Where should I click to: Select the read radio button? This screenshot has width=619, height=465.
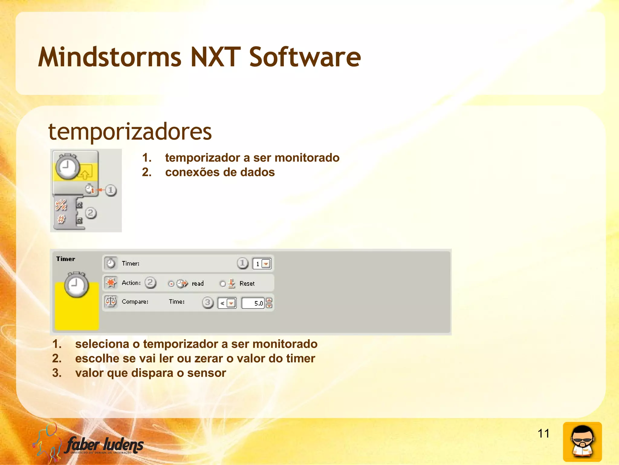click(171, 284)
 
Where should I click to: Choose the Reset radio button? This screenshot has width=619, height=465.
click(223, 284)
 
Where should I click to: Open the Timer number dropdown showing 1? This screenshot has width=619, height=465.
click(266, 264)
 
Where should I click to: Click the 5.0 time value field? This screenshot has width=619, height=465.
click(253, 303)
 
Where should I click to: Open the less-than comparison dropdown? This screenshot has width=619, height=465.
click(231, 303)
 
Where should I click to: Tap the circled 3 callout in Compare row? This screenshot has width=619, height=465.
click(208, 302)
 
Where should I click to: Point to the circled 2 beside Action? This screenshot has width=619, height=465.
click(150, 283)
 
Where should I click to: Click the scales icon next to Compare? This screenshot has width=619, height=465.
click(111, 302)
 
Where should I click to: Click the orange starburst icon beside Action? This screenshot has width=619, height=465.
click(111, 282)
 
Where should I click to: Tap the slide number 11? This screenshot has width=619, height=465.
click(543, 433)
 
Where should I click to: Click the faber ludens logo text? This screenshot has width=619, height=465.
click(105, 445)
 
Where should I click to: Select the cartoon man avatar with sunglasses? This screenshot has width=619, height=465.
click(582, 442)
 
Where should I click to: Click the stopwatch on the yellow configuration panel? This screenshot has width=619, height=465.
click(76, 285)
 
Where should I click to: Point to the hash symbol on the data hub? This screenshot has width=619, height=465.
click(61, 219)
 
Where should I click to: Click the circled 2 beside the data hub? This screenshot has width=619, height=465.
click(91, 213)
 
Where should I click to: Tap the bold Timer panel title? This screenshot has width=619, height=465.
click(66, 259)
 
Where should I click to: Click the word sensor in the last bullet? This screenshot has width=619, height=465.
click(206, 373)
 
